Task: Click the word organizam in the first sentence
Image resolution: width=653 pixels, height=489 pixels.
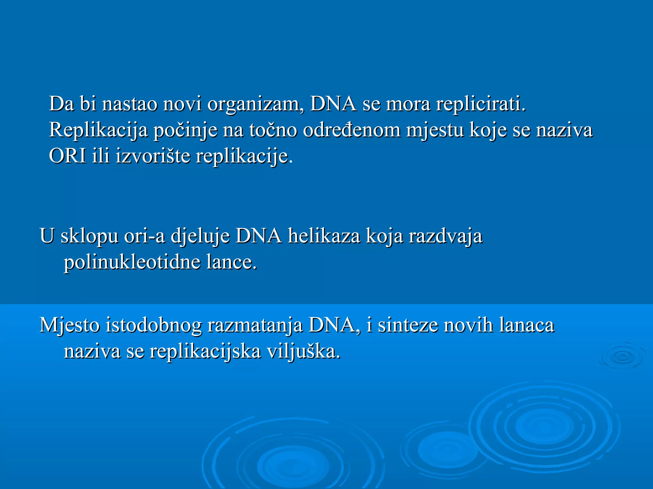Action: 255,104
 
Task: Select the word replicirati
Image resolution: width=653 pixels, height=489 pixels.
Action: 481,104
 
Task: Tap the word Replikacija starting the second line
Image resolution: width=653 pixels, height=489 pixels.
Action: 98,130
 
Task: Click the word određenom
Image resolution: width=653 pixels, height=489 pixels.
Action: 352,130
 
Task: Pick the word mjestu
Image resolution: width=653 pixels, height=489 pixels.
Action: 435,130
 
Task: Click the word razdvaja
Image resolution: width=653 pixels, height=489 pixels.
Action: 445,236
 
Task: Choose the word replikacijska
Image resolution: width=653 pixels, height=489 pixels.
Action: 205,351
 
